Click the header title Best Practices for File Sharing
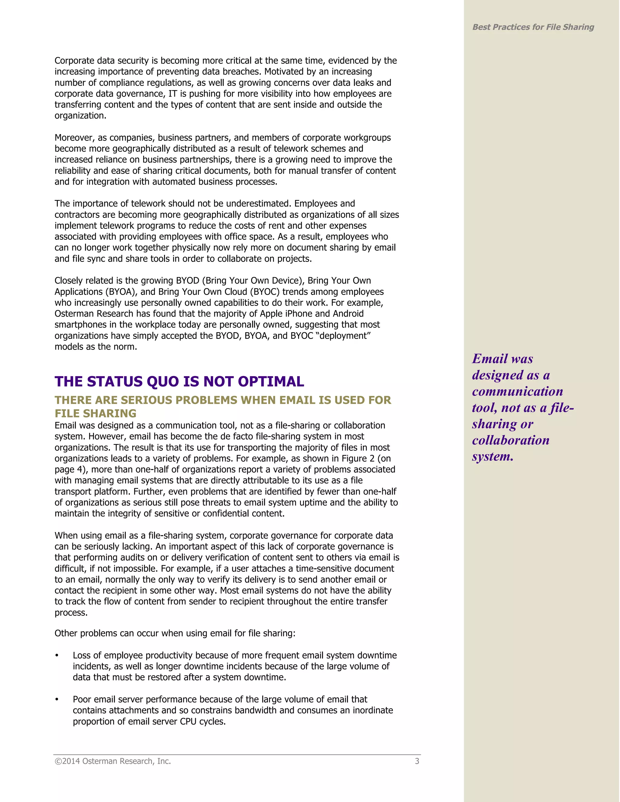pyautogui.click(x=533, y=27)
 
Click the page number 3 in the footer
pyautogui.click(x=417, y=761)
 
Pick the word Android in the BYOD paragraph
pyautogui.click(x=348, y=314)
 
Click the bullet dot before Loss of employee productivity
pyautogui.click(x=57, y=656)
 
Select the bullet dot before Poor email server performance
pyautogui.click(x=57, y=699)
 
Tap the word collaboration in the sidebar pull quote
pyautogui.click(x=510, y=440)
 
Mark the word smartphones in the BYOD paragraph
pyautogui.click(x=80, y=325)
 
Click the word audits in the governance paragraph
pyautogui.click(x=144, y=557)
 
